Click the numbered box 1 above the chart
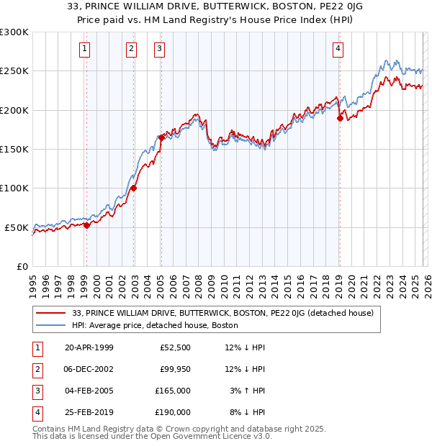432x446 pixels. pos(85,49)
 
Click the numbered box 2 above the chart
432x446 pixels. pos(132,49)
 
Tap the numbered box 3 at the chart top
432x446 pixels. pos(158,49)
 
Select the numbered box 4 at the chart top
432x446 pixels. pos(338,49)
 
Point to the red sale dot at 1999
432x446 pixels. pos(87,225)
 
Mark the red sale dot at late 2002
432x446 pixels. pos(134,188)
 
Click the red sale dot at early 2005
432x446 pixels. pos(161,137)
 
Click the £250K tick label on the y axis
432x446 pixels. pos(14,71)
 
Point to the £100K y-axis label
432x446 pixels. pos(14,188)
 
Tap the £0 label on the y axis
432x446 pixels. pos(22,266)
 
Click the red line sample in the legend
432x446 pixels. pos(52,314)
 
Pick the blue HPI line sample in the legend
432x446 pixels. pos(52,326)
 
